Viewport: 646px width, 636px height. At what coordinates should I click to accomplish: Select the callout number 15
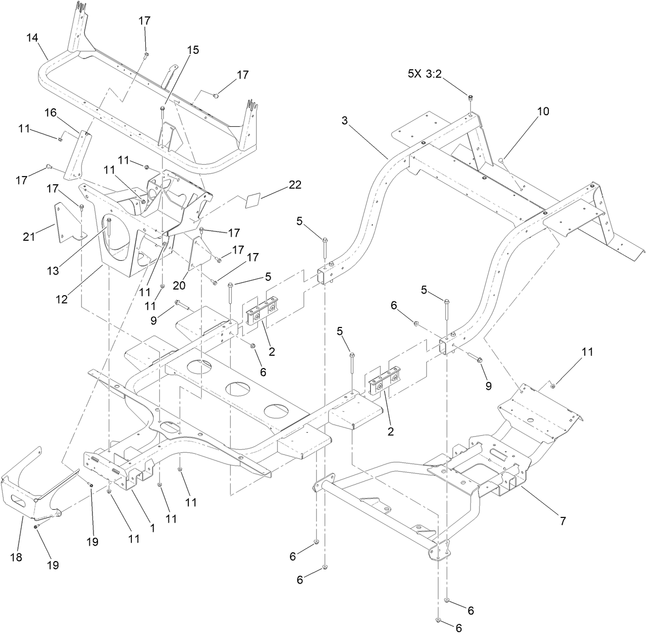point(178,50)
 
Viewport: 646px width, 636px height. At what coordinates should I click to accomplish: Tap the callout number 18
point(16,557)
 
